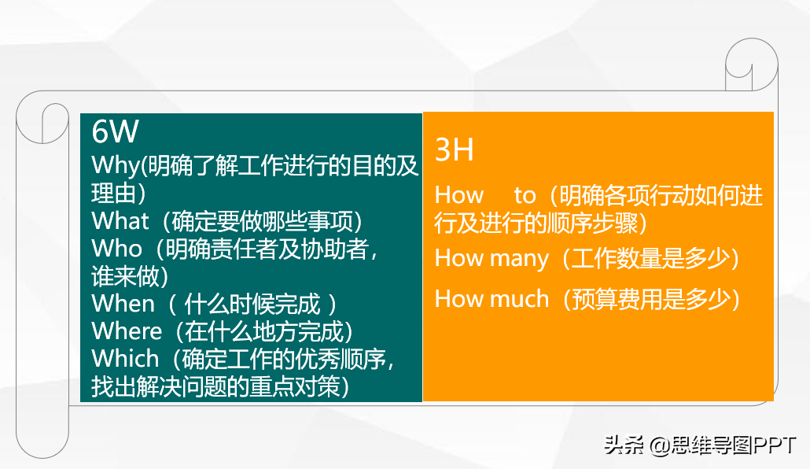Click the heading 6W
point(115,131)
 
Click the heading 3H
point(454,150)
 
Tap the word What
point(120,221)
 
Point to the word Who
point(116,248)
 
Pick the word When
point(123,303)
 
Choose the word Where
point(127,331)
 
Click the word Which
point(125,358)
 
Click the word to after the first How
point(525,195)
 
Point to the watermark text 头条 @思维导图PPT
point(700,445)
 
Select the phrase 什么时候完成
point(252,304)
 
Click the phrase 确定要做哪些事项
point(262,221)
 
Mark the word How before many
point(459,258)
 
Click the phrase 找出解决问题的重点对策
point(215,386)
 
